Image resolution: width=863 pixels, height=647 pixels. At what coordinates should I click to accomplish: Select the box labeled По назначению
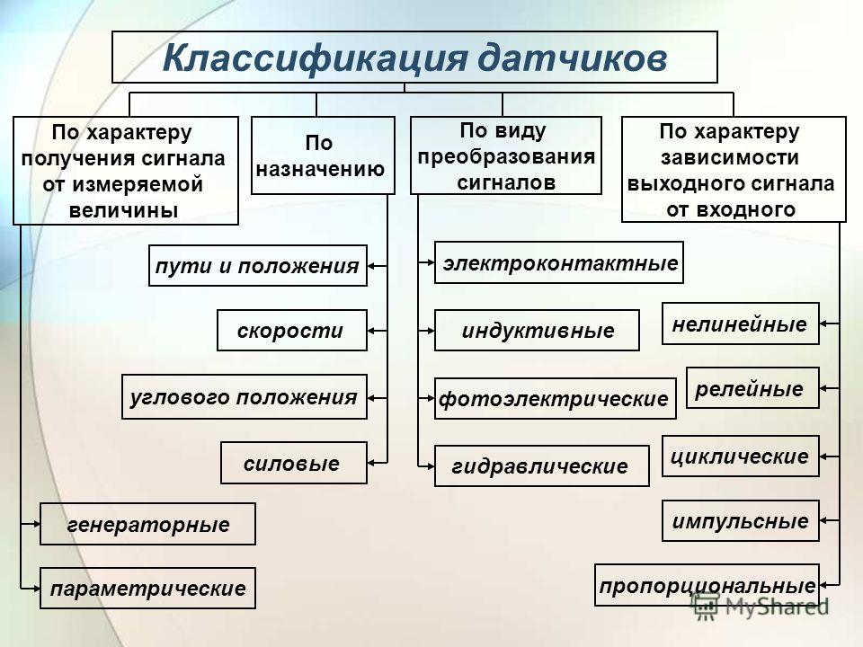point(322,155)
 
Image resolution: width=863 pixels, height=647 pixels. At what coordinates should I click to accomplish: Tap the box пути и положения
point(258,265)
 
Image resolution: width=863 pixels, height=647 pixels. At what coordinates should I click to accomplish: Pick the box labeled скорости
point(293,331)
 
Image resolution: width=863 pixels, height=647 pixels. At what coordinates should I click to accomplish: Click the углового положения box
point(245,396)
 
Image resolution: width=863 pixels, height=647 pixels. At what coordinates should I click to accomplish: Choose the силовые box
point(294,463)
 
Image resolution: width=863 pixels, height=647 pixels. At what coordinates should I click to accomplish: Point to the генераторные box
point(148,524)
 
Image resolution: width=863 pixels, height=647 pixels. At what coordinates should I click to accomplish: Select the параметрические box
point(148,589)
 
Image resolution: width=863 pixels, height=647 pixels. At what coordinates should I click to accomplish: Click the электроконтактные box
point(559,262)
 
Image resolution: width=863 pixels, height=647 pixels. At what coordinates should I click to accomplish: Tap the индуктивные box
point(537,331)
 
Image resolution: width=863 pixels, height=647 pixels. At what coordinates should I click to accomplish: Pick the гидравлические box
point(541,465)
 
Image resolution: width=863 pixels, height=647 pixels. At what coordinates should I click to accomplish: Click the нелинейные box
point(741,323)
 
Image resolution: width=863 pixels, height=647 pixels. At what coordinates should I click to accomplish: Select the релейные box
point(752,388)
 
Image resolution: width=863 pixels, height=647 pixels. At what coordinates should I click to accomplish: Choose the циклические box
point(741,456)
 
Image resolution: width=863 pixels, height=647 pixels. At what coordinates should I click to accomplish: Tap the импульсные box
point(741,520)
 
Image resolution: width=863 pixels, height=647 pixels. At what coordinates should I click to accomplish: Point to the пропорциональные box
point(707,585)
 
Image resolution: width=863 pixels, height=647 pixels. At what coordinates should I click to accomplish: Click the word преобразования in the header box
point(505,155)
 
